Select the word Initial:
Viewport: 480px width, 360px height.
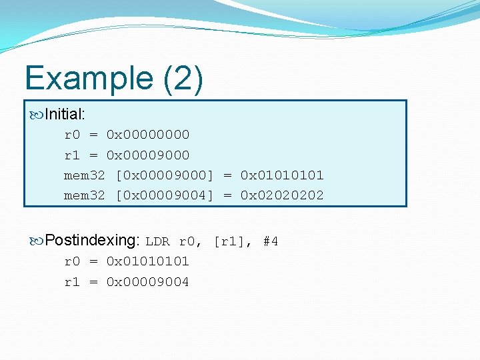pyautogui.click(x=69, y=115)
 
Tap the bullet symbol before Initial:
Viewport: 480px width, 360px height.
pyautogui.click(x=37, y=115)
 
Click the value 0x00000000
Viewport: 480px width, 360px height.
pyautogui.click(x=148, y=135)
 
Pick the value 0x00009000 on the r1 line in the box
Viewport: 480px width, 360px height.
pyautogui.click(x=148, y=155)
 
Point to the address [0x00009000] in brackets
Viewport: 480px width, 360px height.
pyautogui.click(x=165, y=175)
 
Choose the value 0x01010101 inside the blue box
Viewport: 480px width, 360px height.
pyautogui.click(x=282, y=175)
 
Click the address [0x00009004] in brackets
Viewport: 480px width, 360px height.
pyautogui.click(x=165, y=195)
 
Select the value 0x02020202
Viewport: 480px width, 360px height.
pyautogui.click(x=282, y=195)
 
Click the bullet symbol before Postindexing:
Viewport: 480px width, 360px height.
pyautogui.click(x=37, y=241)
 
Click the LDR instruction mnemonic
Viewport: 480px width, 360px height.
pyautogui.click(x=157, y=241)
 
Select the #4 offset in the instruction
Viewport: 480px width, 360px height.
pyautogui.click(x=270, y=241)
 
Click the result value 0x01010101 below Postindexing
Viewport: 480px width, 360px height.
pyautogui.click(x=148, y=261)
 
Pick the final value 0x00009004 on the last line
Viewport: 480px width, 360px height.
pyautogui.click(x=148, y=282)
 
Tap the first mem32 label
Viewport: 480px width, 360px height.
pyautogui.click(x=84, y=175)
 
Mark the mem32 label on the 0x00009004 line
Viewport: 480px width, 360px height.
pyautogui.click(x=84, y=195)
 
